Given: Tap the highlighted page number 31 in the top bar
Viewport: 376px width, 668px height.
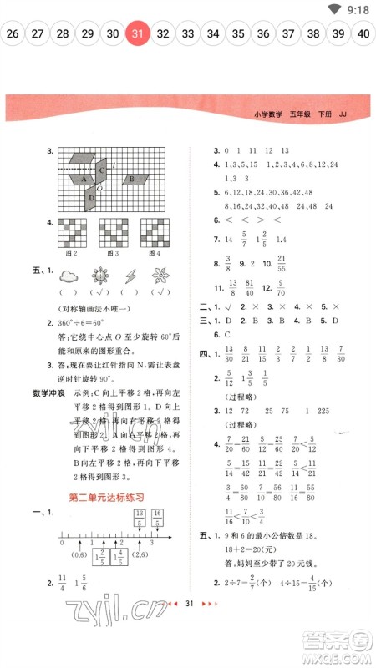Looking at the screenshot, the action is (x=138, y=34).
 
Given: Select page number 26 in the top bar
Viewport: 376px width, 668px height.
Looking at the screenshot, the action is (x=13, y=34).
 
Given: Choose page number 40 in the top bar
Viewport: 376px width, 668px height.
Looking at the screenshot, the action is (x=363, y=34).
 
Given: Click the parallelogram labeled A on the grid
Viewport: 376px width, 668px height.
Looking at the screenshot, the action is (x=84, y=178).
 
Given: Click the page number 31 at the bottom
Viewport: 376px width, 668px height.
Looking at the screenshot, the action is (x=189, y=625).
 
